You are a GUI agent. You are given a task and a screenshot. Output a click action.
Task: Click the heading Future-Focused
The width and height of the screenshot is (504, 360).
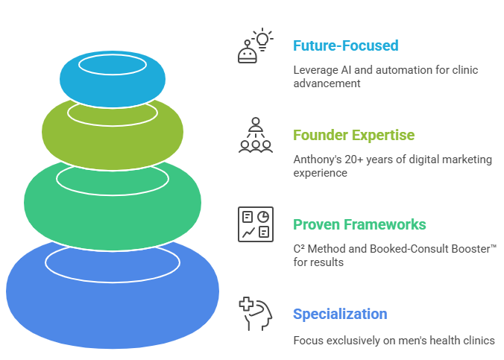[345, 45]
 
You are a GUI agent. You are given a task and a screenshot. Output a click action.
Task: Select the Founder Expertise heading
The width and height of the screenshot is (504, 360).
[353, 135]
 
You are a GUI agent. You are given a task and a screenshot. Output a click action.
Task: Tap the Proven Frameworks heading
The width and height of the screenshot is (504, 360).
[359, 224]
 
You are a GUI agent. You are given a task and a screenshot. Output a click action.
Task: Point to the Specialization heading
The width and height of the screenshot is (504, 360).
[340, 314]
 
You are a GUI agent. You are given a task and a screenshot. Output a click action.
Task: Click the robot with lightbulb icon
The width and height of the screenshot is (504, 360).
[255, 46]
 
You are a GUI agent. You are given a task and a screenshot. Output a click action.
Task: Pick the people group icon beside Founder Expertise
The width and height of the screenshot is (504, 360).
[255, 135]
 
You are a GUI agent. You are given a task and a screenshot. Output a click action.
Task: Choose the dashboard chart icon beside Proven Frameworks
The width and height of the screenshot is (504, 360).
[255, 224]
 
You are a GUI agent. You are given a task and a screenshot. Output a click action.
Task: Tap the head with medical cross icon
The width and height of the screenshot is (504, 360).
[255, 313]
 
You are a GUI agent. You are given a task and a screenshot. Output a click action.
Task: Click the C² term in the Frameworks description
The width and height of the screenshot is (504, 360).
[300, 249]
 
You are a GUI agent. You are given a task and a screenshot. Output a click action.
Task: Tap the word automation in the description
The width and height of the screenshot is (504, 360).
[400, 70]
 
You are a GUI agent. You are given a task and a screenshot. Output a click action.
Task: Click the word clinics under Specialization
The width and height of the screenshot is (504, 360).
[478, 341]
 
